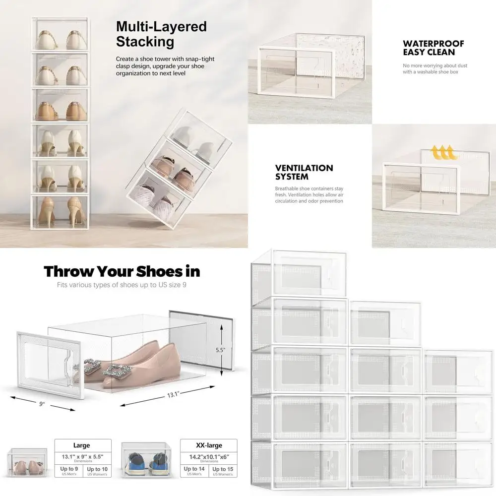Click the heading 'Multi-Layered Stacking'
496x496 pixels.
[161, 34]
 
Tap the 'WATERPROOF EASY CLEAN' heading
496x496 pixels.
[433, 48]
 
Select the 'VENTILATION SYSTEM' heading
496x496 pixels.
[304, 173]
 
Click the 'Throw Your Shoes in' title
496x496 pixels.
[122, 271]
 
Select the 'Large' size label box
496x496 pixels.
[82, 445]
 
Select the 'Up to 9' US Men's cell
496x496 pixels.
[68, 471]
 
